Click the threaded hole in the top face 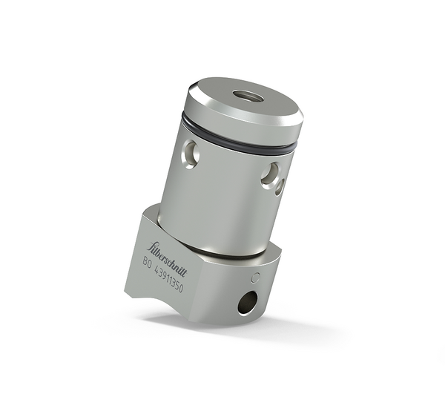click(x=244, y=96)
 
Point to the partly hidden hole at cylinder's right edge click(x=280, y=187)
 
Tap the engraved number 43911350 click(x=169, y=279)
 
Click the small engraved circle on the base click(x=256, y=278)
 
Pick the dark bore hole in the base click(x=247, y=302)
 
